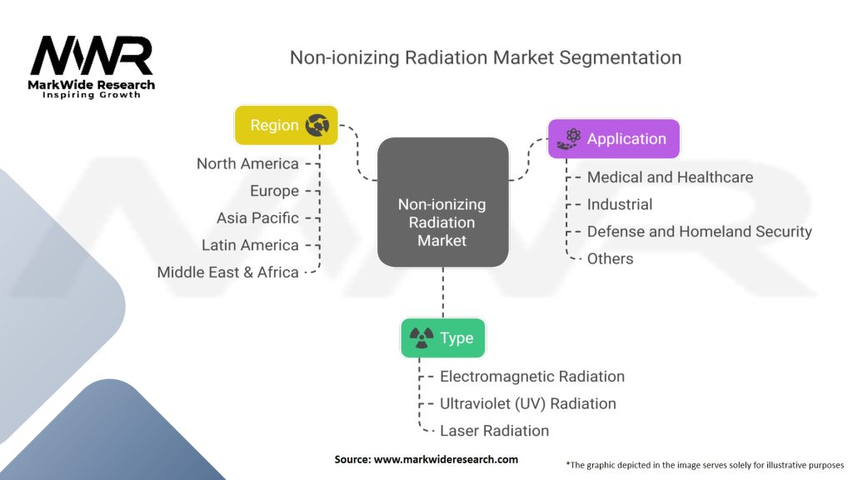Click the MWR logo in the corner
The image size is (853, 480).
coord(92,67)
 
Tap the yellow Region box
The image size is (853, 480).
coord(287,125)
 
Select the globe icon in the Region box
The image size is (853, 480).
coord(317,125)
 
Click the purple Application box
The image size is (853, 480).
coord(614,139)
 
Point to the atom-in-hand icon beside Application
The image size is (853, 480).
coord(568,139)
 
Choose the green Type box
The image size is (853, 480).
coord(443,338)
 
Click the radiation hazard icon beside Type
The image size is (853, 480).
coord(421,338)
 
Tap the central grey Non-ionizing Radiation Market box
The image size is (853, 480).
coord(443,202)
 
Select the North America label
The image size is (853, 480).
coord(247,164)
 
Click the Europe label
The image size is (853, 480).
coord(274,191)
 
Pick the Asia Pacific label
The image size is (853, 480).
coord(258,218)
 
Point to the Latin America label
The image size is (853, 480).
coord(250,246)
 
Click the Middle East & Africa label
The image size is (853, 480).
coord(228,272)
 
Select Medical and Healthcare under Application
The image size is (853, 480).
coord(671,177)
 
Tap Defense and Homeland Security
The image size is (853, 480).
coord(700,232)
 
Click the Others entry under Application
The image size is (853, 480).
coord(610,259)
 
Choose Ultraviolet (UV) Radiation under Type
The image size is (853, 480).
coord(527,404)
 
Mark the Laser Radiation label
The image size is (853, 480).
coord(494,431)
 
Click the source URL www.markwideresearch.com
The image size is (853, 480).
coord(446,459)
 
